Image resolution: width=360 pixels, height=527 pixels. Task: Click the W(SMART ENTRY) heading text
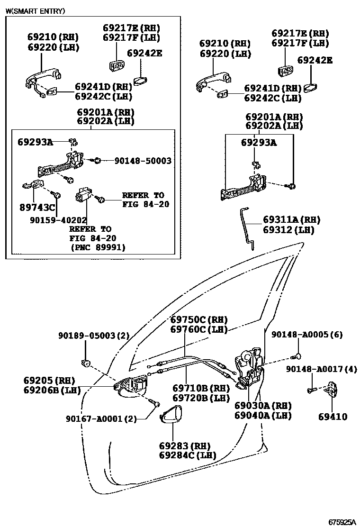point(35,10)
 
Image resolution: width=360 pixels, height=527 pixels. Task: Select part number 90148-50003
point(143,161)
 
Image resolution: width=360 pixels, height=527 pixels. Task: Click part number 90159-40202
point(58,220)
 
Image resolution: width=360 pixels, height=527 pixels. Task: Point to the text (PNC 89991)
point(98,247)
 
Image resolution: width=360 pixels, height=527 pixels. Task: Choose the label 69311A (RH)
point(291,220)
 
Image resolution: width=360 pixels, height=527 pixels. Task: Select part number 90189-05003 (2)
point(94,336)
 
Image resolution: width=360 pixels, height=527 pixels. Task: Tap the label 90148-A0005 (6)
point(307,335)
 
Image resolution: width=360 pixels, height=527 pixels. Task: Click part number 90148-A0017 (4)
point(321,369)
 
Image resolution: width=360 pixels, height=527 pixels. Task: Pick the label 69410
point(333,417)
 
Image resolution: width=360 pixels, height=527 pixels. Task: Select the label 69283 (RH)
point(184,446)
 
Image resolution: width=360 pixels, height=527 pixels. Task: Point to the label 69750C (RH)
point(199,319)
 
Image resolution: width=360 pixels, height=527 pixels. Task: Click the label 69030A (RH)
point(262,406)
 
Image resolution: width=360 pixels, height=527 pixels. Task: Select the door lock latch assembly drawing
point(250,367)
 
